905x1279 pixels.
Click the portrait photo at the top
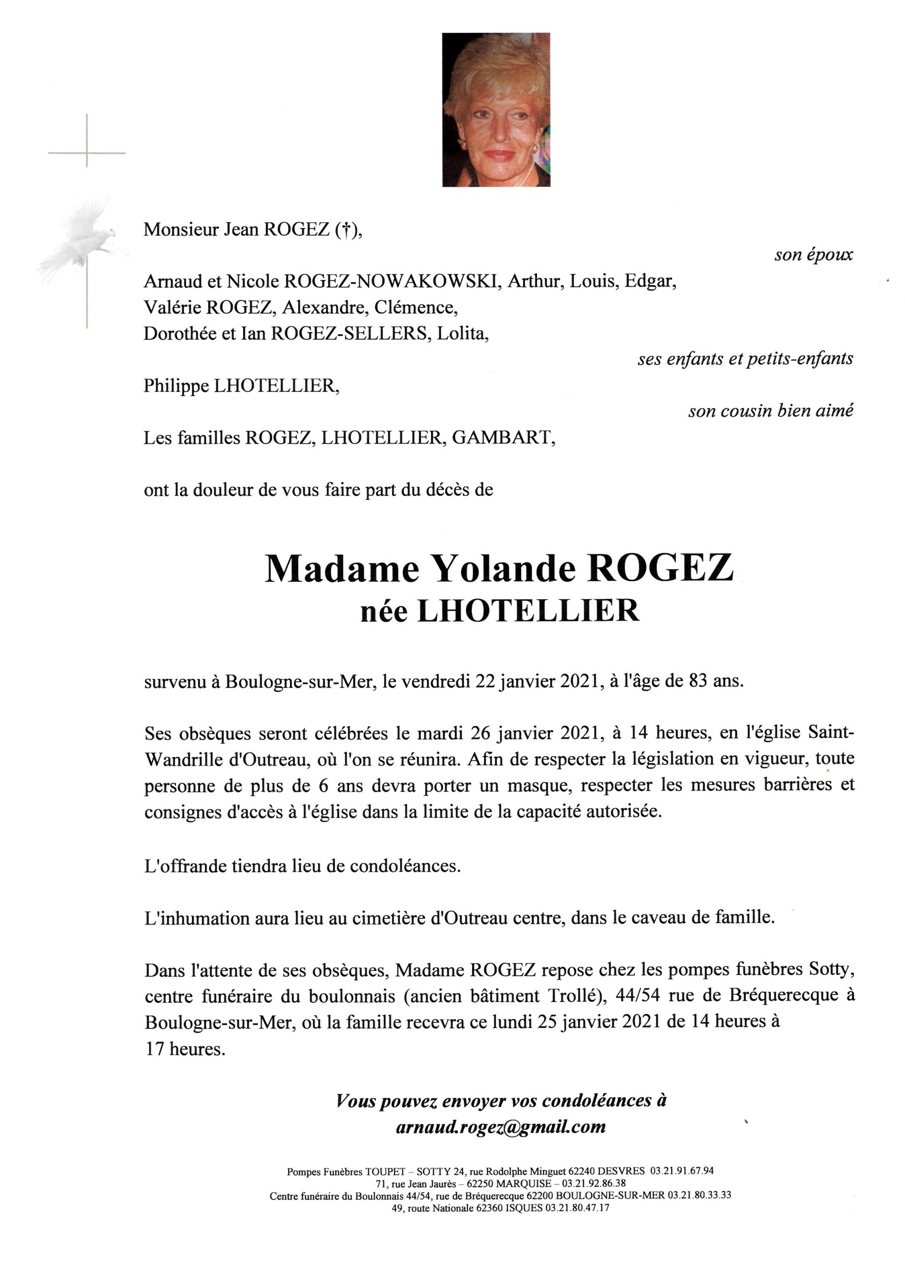[x=496, y=110]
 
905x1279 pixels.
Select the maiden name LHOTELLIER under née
[x=528, y=611]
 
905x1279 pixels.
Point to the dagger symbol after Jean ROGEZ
[x=346, y=230]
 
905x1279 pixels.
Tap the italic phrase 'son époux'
[x=813, y=255]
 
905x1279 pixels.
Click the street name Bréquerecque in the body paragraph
[x=779, y=996]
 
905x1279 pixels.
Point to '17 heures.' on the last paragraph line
[x=185, y=1049]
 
